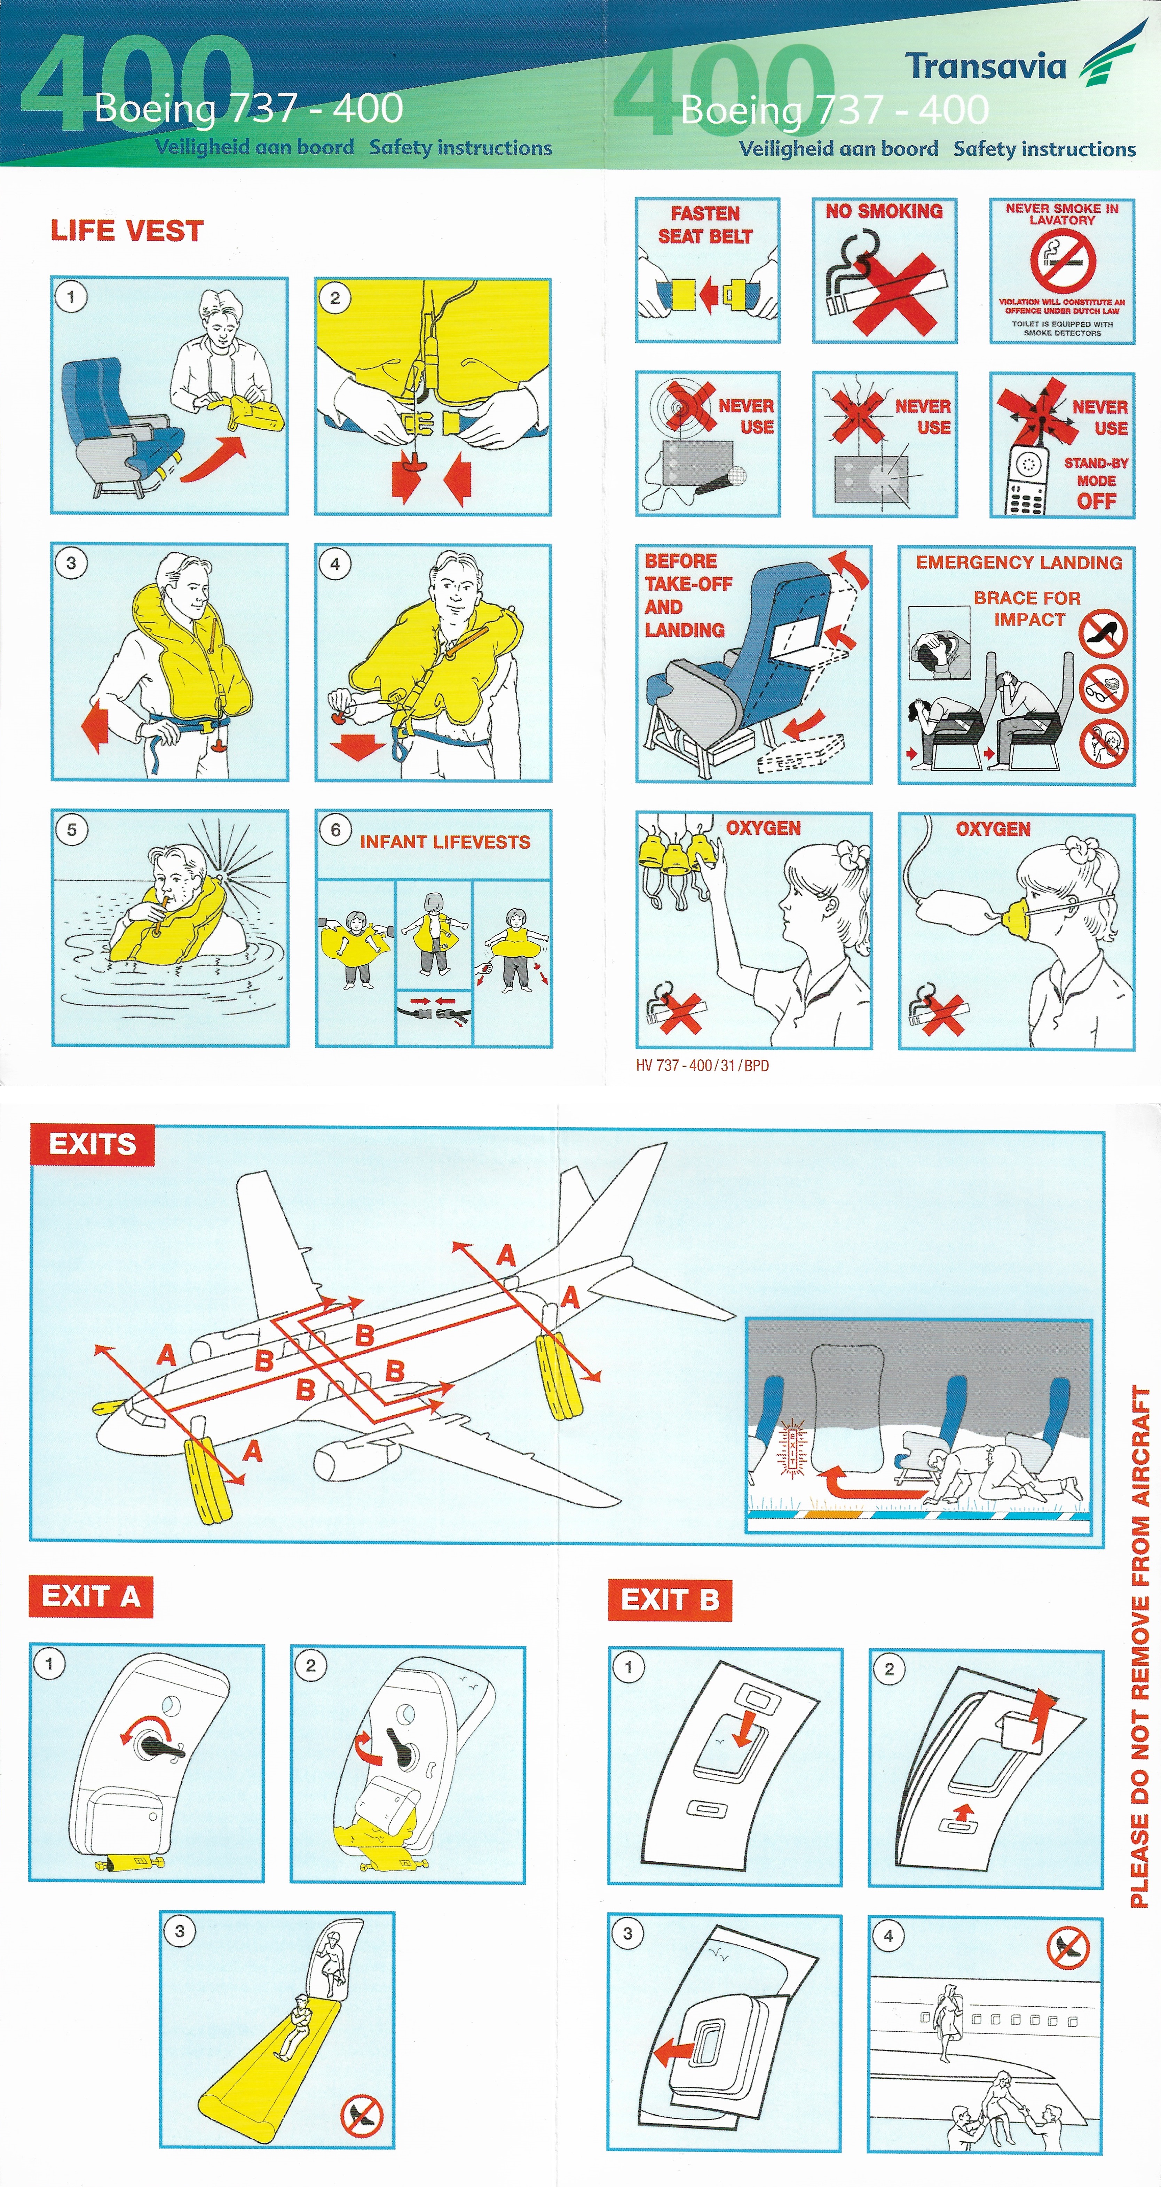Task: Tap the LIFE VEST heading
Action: click(127, 231)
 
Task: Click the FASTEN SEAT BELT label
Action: click(705, 225)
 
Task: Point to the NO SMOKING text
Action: click(884, 211)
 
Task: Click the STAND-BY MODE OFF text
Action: click(1097, 481)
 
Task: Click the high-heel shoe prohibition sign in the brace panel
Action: click(1103, 633)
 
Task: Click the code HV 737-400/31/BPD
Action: click(702, 1066)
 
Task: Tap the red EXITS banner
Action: click(93, 1144)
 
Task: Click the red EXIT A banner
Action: click(91, 1596)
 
